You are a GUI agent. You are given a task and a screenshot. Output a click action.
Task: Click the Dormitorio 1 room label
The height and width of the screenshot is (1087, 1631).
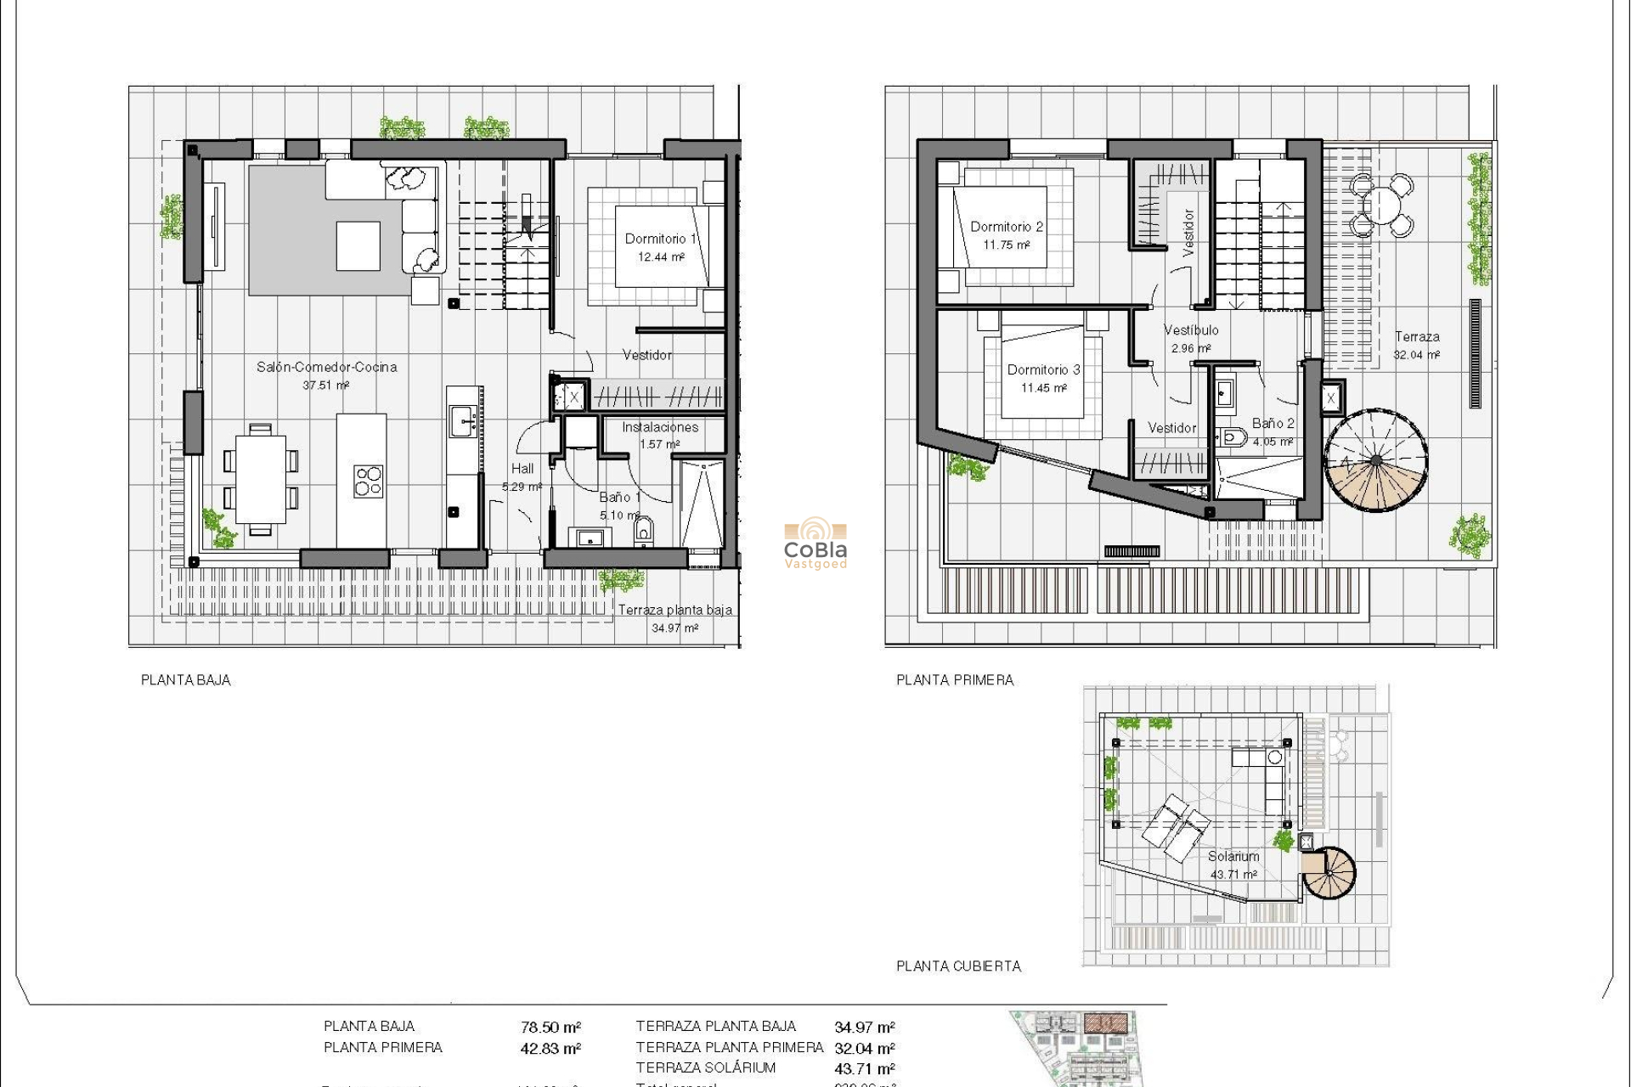point(660,239)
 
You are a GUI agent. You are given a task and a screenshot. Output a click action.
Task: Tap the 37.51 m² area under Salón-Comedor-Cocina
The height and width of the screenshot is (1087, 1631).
point(326,386)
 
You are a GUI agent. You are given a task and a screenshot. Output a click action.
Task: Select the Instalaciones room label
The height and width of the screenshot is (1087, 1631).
point(659,427)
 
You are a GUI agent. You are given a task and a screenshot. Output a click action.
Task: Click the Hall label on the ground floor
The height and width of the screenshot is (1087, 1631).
point(522,469)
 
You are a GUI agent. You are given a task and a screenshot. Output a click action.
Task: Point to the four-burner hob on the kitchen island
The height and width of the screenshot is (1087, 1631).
point(369,481)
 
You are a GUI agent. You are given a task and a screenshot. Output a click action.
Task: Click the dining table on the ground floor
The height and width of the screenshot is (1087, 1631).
point(261,480)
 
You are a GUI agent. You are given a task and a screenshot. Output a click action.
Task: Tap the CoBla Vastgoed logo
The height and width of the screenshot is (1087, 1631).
point(815,543)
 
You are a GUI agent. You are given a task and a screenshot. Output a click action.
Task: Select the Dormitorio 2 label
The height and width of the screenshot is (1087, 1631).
point(1007,227)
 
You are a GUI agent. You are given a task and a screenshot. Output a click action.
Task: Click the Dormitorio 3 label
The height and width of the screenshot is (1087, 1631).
point(1043,369)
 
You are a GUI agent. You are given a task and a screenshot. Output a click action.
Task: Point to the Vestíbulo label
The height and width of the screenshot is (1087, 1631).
point(1191,329)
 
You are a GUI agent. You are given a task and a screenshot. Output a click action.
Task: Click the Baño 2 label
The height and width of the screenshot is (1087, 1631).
point(1273,423)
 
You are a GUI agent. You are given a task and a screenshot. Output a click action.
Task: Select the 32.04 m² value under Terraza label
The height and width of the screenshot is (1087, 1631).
point(1416,355)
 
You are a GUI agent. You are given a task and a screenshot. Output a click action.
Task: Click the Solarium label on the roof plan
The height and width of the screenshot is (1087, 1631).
point(1233,856)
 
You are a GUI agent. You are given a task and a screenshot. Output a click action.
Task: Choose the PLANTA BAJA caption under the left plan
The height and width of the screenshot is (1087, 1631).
point(185,679)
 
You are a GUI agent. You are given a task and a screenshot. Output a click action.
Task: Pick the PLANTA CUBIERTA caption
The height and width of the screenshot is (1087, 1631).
point(958,966)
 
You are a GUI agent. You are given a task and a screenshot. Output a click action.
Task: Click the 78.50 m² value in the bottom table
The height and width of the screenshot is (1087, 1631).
point(550,1027)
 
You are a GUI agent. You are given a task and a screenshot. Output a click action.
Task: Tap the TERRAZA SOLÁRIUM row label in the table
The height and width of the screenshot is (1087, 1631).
point(705,1067)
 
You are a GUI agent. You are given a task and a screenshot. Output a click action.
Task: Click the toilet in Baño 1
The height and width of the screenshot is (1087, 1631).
point(643,531)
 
